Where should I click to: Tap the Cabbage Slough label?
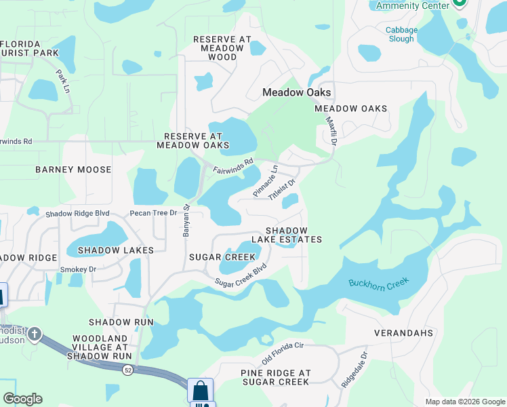(400, 34)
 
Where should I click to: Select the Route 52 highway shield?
(127, 370)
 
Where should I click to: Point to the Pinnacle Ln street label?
(265, 181)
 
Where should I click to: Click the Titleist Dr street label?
(283, 189)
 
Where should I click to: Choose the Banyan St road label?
(186, 221)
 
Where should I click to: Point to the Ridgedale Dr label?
(354, 370)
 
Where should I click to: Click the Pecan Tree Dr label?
(153, 213)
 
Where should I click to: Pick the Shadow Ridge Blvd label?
(77, 213)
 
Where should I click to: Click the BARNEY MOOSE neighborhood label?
(73, 169)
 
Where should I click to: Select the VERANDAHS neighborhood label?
(403, 333)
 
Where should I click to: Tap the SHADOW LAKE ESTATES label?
(287, 235)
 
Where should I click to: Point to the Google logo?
(22, 399)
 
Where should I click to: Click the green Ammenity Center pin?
(460, 3)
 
